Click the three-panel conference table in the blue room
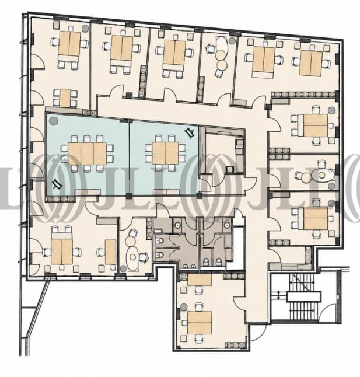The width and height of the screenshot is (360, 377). point(88,153)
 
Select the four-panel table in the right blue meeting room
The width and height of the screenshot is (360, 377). point(165,153)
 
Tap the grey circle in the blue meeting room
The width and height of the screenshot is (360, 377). point(53,121)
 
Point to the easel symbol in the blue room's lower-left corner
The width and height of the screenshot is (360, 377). point(57,184)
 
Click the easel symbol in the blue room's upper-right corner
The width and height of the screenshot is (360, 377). point(190,132)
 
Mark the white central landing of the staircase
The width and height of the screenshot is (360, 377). point(304,296)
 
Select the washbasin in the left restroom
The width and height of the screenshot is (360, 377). point(177,225)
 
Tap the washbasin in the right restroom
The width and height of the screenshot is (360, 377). point(227,225)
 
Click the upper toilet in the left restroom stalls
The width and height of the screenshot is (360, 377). point(160,240)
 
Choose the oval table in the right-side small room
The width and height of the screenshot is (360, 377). point(322,175)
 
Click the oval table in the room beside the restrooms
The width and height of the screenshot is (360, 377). point(132,257)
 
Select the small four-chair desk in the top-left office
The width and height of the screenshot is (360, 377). point(65,98)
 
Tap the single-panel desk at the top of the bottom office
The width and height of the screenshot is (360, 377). point(200,280)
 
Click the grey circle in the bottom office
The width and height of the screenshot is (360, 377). point(184,307)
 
